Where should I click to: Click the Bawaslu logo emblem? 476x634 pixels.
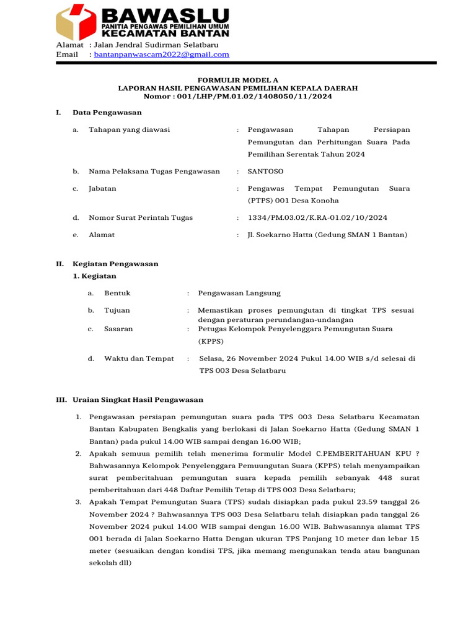[x=76, y=23]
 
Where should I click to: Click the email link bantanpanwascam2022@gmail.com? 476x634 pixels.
[x=161, y=54]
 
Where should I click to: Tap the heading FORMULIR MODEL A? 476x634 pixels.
[x=238, y=80]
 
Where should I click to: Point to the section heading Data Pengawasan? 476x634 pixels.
[x=107, y=113]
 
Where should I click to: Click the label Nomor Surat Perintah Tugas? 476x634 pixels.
[x=141, y=218]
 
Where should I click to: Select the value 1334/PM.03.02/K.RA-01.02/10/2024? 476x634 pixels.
[x=317, y=218]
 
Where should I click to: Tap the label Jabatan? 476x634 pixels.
[x=102, y=188]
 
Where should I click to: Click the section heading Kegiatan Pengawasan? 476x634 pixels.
[x=115, y=264]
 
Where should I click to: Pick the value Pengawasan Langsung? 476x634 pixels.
[x=239, y=293]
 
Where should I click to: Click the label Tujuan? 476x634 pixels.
[x=117, y=310]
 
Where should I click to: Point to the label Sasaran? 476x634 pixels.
[x=118, y=329]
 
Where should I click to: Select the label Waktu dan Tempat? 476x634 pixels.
[x=139, y=358]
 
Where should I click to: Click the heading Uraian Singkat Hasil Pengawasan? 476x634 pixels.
[x=138, y=400]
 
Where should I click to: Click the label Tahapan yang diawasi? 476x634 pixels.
[x=130, y=130]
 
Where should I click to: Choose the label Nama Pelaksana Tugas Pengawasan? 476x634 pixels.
[x=154, y=172]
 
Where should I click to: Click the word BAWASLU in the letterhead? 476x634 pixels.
[x=165, y=15]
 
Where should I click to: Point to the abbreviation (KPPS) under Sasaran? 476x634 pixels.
[x=211, y=341]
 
